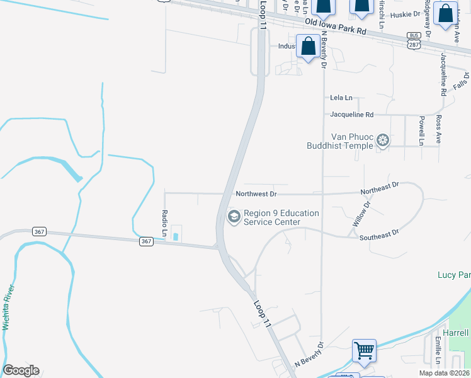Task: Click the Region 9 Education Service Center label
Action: click(281, 217)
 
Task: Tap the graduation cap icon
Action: click(234, 217)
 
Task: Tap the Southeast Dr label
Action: click(379, 235)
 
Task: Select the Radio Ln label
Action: click(164, 223)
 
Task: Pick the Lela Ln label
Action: click(341, 98)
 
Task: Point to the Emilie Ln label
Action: click(437, 350)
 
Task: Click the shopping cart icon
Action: click(365, 350)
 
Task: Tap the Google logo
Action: click(21, 370)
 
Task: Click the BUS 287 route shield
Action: click(413, 40)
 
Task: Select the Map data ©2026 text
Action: click(444, 373)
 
